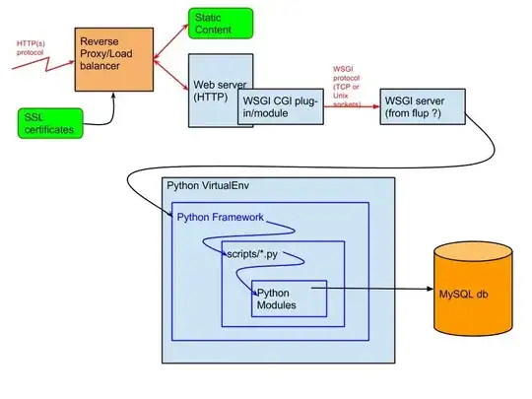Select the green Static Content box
point(220,25)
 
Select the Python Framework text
point(221,217)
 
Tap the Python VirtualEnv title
point(206,187)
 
